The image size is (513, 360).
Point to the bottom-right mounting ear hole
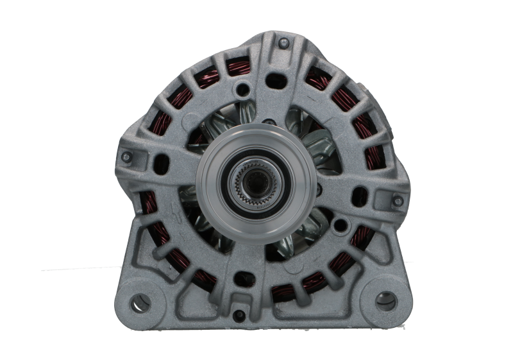click(385, 299)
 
